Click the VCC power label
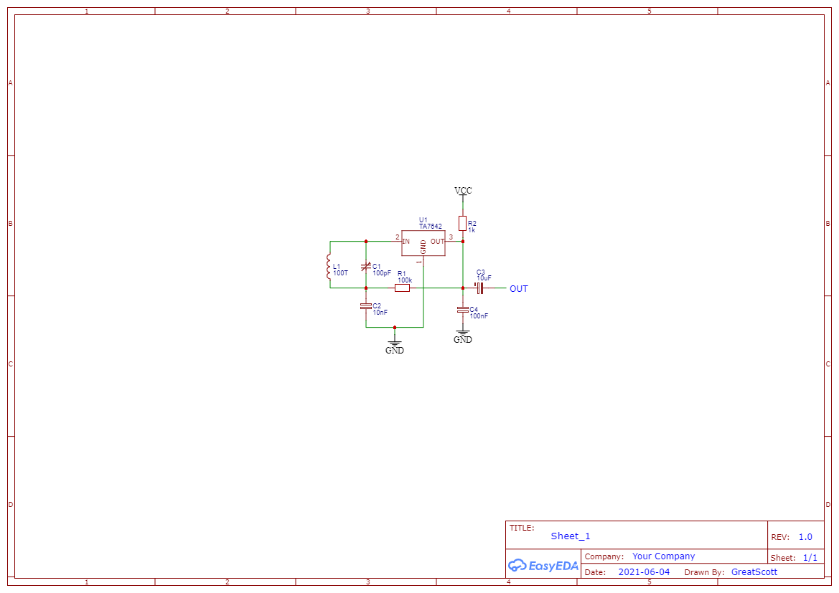(x=463, y=191)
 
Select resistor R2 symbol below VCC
(x=463, y=223)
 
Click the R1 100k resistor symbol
(x=403, y=288)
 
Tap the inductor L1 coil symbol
(x=329, y=267)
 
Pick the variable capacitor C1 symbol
(x=365, y=268)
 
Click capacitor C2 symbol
(x=365, y=306)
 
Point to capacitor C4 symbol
(x=463, y=309)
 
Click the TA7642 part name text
(x=431, y=227)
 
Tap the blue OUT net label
(x=518, y=289)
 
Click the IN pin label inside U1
(x=406, y=242)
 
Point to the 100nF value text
(x=479, y=316)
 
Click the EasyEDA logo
(x=543, y=565)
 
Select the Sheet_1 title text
(x=571, y=536)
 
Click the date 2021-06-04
(x=644, y=572)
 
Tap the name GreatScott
(x=754, y=572)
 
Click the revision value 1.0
(x=805, y=537)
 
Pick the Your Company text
(x=663, y=556)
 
